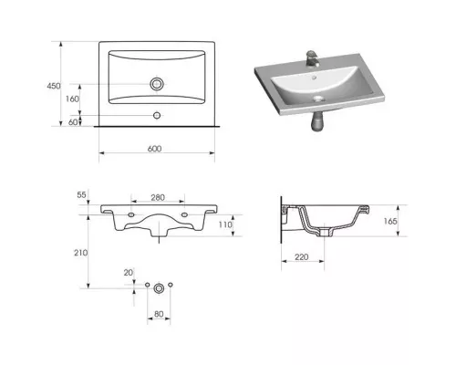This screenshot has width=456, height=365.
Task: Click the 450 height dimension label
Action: click(x=54, y=86)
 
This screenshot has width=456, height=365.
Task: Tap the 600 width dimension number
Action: click(x=154, y=149)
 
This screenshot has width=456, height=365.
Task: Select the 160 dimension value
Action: click(x=72, y=99)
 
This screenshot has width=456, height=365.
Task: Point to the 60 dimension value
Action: click(x=73, y=122)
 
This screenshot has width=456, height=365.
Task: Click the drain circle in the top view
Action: click(x=157, y=84)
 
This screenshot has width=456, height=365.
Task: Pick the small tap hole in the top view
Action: click(x=157, y=115)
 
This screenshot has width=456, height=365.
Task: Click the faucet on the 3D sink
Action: click(x=312, y=59)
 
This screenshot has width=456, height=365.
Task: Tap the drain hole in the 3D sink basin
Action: click(x=318, y=99)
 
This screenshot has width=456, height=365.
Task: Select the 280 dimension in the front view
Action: click(x=158, y=198)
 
